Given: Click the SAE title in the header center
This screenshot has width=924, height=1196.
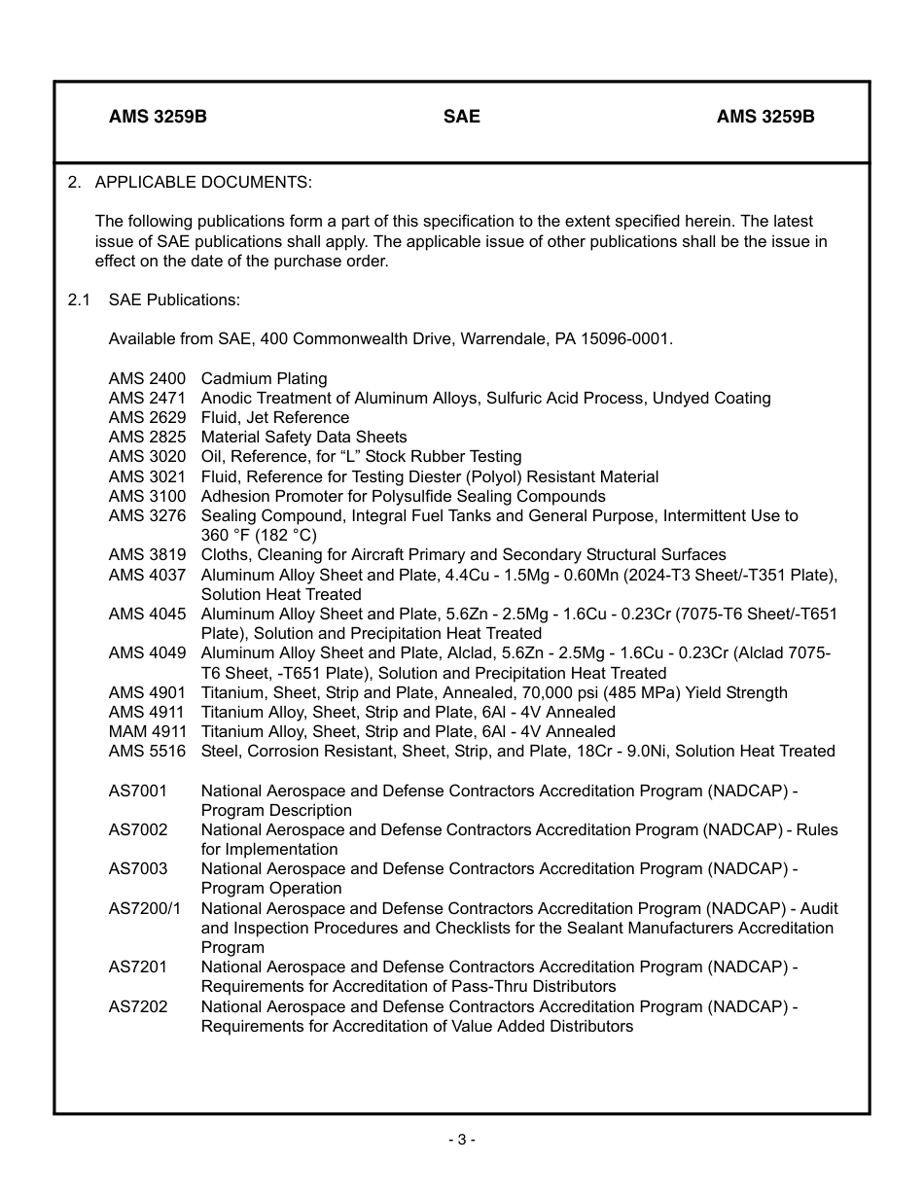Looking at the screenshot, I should point(461,117).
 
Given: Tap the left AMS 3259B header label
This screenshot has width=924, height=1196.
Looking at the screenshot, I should point(158,117).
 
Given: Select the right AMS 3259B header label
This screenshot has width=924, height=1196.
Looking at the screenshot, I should point(765,117).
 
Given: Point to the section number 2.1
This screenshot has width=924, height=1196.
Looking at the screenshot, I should point(79,299).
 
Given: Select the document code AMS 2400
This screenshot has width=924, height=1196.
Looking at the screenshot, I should point(147,378).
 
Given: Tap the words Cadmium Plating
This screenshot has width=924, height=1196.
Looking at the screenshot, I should point(264,378).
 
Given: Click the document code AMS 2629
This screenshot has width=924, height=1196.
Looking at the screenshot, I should point(147,417).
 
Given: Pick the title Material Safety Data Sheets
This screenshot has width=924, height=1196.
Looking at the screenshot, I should point(303,437).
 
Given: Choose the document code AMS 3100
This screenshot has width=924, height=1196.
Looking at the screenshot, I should point(147,496).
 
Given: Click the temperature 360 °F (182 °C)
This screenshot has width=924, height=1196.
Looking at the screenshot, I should point(259,535).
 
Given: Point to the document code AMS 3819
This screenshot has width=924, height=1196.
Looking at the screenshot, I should point(147,554).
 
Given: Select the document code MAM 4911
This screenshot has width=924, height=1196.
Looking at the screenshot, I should point(147,731).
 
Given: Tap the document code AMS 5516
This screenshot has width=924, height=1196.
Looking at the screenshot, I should point(147,751).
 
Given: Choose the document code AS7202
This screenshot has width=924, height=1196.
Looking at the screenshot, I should point(137,1006).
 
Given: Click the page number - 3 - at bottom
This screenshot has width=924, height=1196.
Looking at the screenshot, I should point(461,1140).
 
